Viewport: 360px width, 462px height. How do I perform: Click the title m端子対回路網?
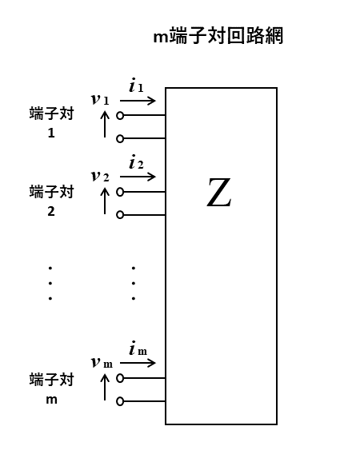218,36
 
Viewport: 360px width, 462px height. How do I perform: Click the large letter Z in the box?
218,193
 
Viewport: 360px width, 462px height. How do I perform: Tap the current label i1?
136,86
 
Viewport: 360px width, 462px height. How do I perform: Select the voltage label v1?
100,99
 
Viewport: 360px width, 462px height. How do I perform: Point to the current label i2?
136,161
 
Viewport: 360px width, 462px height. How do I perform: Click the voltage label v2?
100,176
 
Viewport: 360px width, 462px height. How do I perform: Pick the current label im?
138,348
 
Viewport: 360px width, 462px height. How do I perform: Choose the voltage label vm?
102,362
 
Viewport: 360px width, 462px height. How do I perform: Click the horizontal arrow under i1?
138,101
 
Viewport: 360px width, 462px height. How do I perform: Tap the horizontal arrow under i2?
138,177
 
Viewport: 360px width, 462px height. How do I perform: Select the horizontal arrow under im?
138,363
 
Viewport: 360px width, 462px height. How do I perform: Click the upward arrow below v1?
105,124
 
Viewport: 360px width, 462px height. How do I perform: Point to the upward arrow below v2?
105,201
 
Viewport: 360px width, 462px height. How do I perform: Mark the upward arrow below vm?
105,387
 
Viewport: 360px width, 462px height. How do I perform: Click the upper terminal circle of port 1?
120,115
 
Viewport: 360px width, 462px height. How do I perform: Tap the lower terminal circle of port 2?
120,215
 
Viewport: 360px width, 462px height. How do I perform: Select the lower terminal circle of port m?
120,401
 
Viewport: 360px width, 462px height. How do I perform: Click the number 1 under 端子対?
51,133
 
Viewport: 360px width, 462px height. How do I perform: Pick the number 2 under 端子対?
51,211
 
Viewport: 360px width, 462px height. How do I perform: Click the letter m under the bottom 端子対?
51,400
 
